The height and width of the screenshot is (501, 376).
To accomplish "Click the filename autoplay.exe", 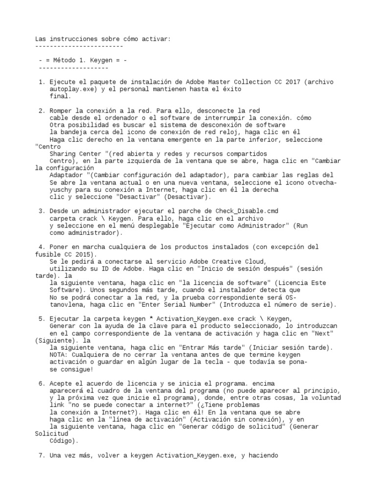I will click(69, 90).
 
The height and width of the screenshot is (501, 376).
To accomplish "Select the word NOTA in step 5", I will click(58, 355).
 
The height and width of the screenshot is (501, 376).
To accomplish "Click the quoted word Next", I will click(324, 333).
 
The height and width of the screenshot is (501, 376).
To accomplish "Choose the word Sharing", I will click(63, 154).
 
